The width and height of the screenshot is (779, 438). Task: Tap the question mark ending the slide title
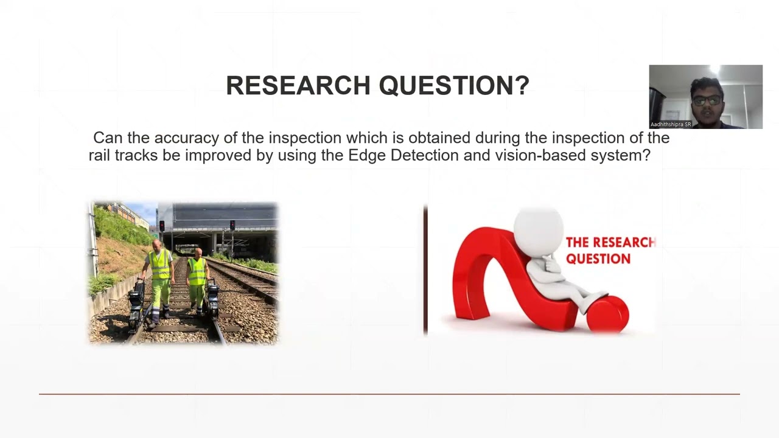(522, 86)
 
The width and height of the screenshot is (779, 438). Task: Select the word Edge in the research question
(367, 155)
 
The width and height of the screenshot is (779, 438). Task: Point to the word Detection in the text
(424, 155)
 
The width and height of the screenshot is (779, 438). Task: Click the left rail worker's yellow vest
(160, 265)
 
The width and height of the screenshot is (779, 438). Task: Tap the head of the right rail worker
(197, 252)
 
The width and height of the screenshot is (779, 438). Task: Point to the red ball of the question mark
(607, 313)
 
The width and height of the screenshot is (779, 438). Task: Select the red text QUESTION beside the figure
(598, 259)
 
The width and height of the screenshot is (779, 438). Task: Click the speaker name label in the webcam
(671, 125)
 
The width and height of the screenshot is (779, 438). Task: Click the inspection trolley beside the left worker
(137, 301)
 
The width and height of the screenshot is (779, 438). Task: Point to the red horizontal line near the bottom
(389, 394)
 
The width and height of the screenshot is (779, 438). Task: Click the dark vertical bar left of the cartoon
(425, 271)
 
